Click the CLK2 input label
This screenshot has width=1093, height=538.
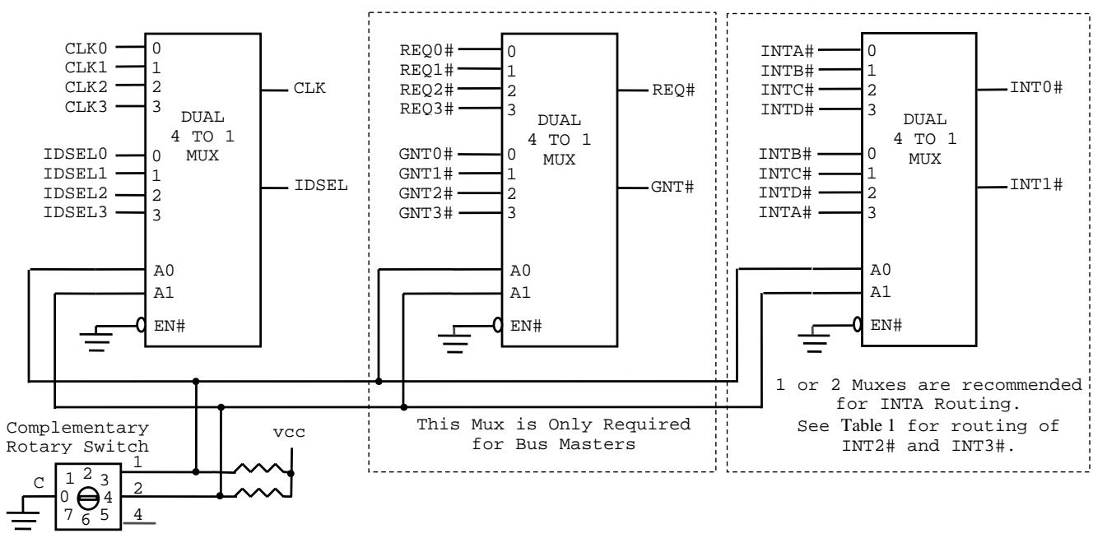[x=86, y=87]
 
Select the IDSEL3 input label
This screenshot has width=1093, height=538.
[x=75, y=213]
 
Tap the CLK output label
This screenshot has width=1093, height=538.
[x=309, y=88]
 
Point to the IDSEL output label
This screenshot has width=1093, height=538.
[x=321, y=185]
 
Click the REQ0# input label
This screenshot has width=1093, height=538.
[x=426, y=50]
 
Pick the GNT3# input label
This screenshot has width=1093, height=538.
[x=426, y=213]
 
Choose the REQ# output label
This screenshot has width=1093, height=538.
[x=673, y=90]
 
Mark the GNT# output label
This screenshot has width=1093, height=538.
[x=672, y=187]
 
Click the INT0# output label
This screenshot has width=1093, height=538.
[x=1036, y=88]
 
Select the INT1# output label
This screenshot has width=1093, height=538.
[x=1036, y=185]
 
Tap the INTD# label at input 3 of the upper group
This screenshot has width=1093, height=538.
[x=787, y=109]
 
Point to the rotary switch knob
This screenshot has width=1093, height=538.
[x=88, y=498]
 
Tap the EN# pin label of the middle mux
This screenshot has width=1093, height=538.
[x=526, y=326]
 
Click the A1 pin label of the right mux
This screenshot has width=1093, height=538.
[x=881, y=292]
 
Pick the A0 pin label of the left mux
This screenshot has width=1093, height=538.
[x=164, y=270]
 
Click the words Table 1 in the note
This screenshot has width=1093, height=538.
[x=867, y=425]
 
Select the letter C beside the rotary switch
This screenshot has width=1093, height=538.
[x=39, y=483]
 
